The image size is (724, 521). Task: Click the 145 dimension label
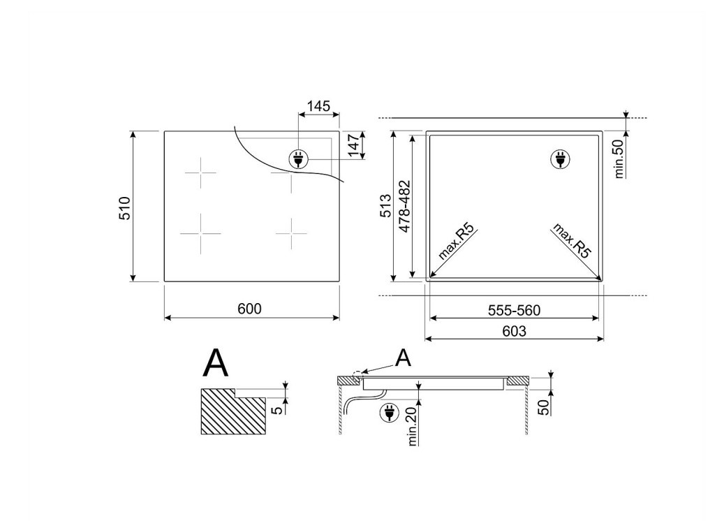(318, 106)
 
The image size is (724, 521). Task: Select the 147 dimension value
(354, 145)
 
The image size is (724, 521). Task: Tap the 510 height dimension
(125, 207)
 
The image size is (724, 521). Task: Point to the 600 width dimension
(249, 309)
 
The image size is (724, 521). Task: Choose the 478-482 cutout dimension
(404, 206)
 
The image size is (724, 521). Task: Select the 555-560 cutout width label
(514, 310)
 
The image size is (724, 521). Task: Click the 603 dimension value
(514, 331)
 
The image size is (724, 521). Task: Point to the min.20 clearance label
(413, 423)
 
